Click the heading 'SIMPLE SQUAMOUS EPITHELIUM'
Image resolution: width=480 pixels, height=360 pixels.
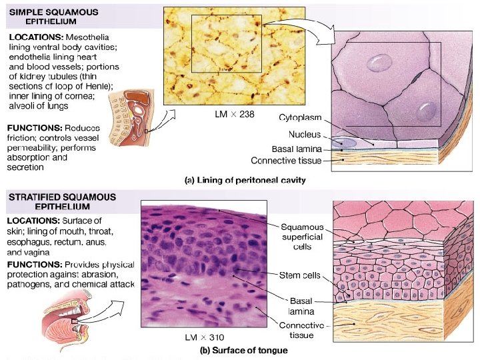[x=54, y=17]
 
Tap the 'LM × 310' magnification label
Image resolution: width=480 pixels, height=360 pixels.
[x=204, y=338]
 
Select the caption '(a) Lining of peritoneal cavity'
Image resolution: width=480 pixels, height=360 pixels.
[x=245, y=180]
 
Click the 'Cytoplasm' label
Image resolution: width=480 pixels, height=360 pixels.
[x=300, y=118]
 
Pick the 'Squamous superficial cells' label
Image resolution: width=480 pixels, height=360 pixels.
[x=301, y=236]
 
